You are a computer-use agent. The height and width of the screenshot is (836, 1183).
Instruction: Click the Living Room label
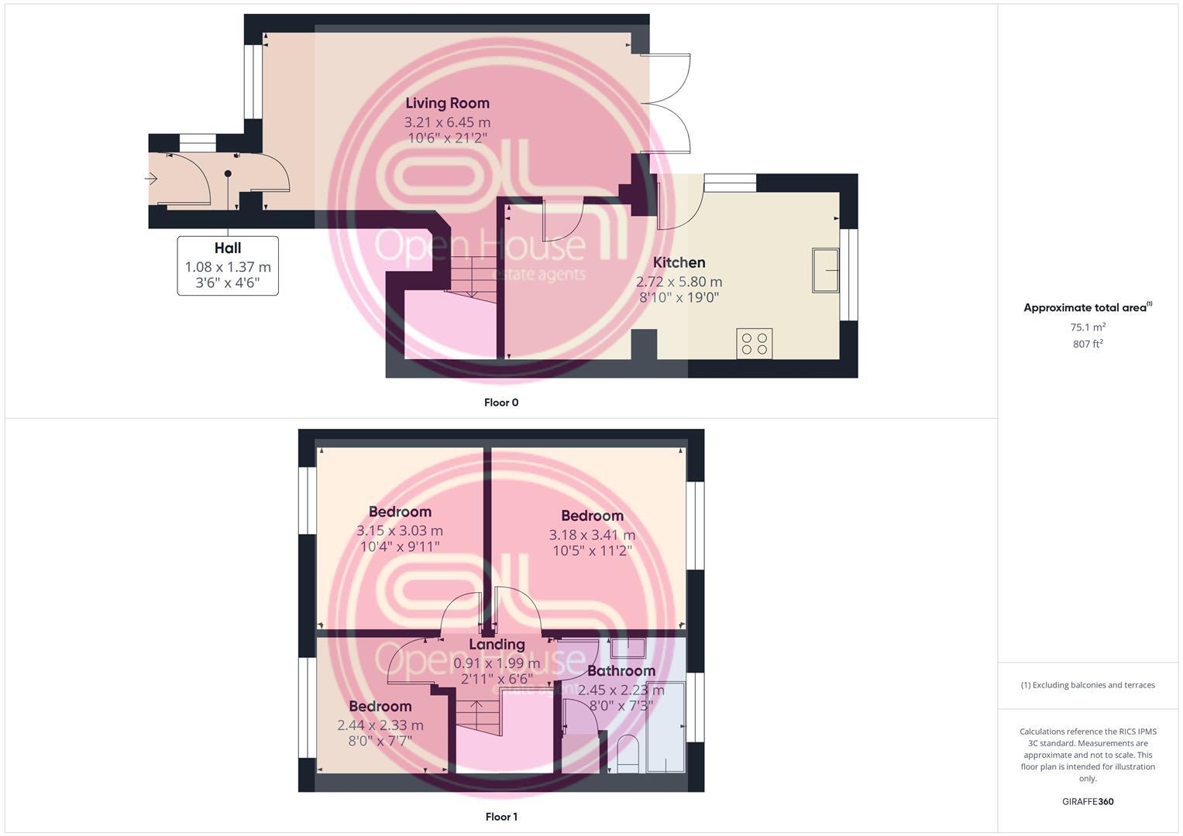click(x=447, y=103)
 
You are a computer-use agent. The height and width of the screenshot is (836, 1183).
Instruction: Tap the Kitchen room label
click(x=679, y=262)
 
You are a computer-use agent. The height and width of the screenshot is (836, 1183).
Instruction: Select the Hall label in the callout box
click(x=228, y=248)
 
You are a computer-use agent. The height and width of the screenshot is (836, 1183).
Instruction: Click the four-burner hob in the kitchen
click(x=754, y=344)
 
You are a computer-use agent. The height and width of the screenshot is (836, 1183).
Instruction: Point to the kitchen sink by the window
click(x=825, y=270)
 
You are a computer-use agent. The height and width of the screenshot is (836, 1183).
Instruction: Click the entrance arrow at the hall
click(x=152, y=180)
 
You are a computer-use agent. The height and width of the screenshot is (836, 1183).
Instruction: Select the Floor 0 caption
click(x=500, y=403)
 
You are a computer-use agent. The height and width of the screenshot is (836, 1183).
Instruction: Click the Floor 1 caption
click(x=500, y=817)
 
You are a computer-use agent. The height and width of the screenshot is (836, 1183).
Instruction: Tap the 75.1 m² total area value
click(x=1088, y=327)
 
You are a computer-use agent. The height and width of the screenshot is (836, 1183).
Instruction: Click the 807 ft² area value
click(x=1088, y=344)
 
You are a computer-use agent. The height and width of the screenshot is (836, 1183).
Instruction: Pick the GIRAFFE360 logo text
click(x=1088, y=802)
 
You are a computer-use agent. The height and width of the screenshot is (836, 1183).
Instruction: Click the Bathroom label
click(x=621, y=671)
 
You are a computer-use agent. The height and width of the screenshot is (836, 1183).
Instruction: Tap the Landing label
click(x=497, y=645)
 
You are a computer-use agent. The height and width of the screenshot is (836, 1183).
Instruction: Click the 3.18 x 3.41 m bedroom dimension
click(x=592, y=535)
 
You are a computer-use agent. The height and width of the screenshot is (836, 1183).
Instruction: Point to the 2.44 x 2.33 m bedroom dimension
click(x=380, y=725)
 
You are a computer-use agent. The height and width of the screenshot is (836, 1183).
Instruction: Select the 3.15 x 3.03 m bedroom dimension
click(x=400, y=531)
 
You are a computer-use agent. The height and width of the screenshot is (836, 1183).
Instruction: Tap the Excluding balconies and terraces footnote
click(x=1088, y=685)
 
